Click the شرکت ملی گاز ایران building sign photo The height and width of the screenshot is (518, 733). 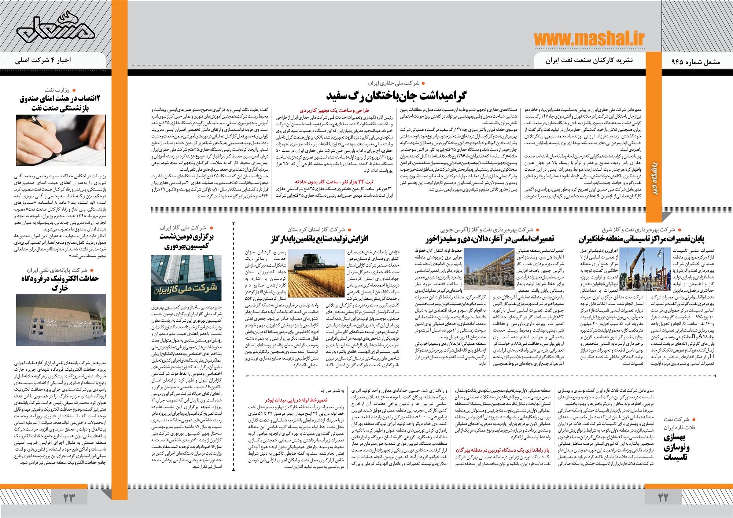coord(186,277)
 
